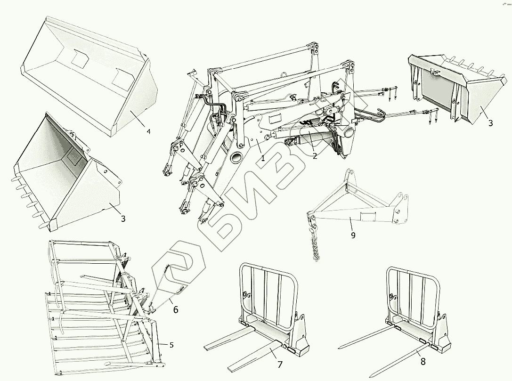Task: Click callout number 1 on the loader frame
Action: pyautogui.click(x=263, y=158)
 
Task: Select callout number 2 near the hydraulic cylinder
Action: pyautogui.click(x=315, y=156)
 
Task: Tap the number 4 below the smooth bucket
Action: pyautogui.click(x=148, y=131)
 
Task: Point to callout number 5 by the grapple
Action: pyautogui.click(x=171, y=345)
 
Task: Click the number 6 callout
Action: pyautogui.click(x=176, y=309)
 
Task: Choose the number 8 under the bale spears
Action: pyautogui.click(x=423, y=362)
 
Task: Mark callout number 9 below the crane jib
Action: pyautogui.click(x=353, y=235)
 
